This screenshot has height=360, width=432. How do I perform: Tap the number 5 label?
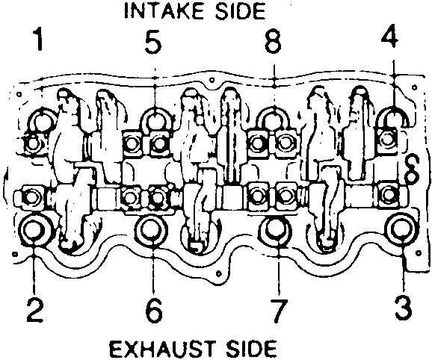[153, 41]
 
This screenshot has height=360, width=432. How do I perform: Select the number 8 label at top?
[273, 41]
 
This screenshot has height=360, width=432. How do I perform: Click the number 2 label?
[35, 311]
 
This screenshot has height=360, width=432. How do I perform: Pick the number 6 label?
[154, 311]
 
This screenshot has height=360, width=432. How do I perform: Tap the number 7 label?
[279, 311]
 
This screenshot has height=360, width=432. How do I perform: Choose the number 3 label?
[403, 310]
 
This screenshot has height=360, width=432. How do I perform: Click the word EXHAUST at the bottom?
[161, 349]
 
